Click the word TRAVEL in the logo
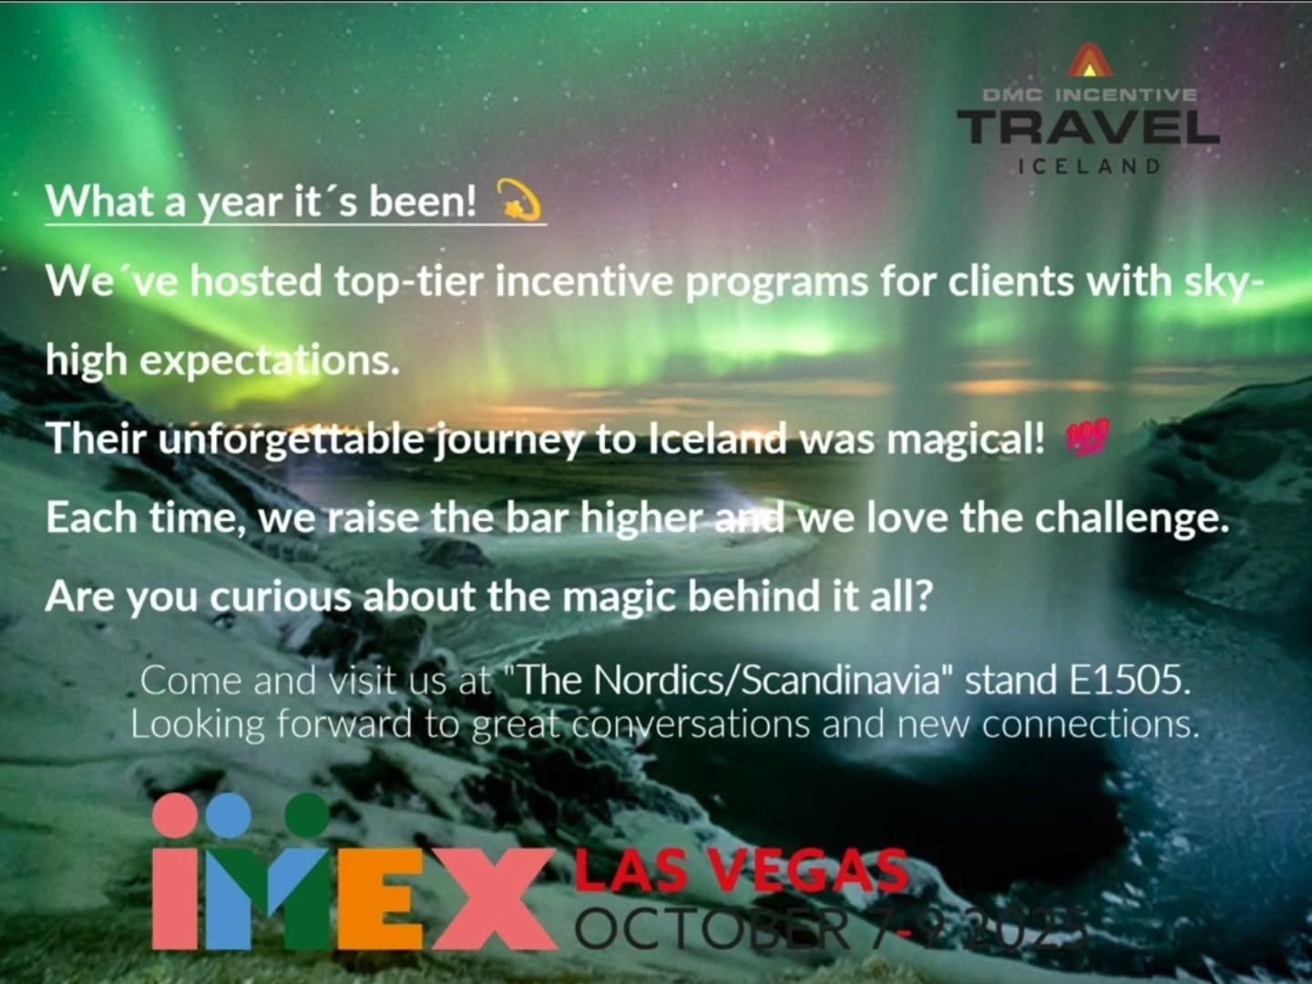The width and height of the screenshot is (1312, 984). click(1088, 128)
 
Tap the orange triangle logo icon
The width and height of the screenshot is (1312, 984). click(1090, 63)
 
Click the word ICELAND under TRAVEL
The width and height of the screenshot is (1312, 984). click(1090, 167)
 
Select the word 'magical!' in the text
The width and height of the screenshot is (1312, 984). click(965, 440)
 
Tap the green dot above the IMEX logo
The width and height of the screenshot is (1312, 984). click(306, 813)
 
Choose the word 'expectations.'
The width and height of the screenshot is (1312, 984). click(269, 362)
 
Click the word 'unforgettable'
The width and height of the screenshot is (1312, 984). click(291, 440)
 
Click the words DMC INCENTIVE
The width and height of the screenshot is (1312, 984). click(1090, 95)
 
